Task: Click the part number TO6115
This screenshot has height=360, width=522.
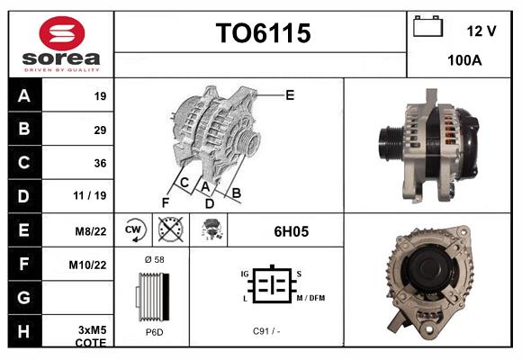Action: click(263, 33)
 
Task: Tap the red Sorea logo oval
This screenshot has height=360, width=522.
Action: click(62, 33)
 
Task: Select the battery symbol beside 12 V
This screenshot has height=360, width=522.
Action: click(427, 26)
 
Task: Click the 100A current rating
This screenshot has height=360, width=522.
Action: click(464, 60)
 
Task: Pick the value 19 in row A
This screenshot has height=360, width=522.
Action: click(100, 96)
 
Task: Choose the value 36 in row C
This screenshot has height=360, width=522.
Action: click(100, 163)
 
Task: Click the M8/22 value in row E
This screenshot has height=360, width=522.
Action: click(91, 231)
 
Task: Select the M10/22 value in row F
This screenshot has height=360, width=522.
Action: click(87, 265)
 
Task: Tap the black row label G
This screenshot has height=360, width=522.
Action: click(25, 297)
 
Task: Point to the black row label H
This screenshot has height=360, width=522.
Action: click(25, 331)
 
